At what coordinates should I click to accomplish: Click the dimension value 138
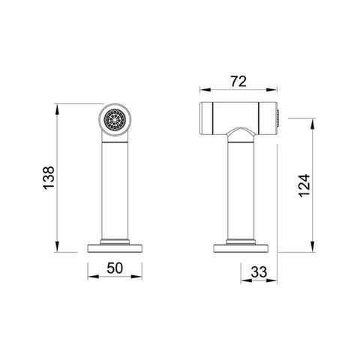(x=49, y=178)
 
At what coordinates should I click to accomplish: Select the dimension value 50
(x=115, y=268)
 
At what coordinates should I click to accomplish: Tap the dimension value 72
(x=238, y=81)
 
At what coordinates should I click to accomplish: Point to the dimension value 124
(x=304, y=185)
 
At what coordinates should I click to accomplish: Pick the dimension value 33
(x=259, y=272)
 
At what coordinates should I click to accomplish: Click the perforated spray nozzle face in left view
(x=115, y=119)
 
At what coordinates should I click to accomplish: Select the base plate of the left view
(x=115, y=248)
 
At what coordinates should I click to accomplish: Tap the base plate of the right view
(x=241, y=248)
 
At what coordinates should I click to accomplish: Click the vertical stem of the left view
(x=115, y=190)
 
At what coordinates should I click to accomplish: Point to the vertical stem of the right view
(x=241, y=190)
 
